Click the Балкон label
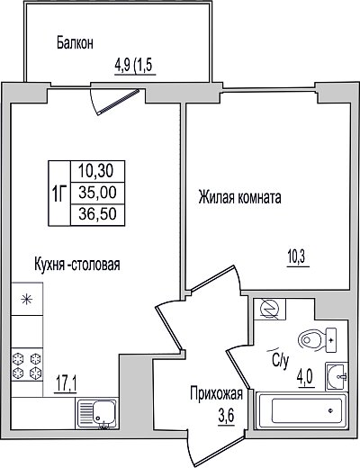click(75, 43)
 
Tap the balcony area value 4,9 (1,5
click(134, 65)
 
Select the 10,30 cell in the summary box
click(96, 171)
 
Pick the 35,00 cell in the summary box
click(97, 193)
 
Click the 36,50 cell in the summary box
click(97, 214)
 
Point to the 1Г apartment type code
click(59, 193)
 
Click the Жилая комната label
click(239, 198)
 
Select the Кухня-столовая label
click(77, 265)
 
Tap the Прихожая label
click(216, 393)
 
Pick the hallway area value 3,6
click(226, 416)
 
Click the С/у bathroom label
click(281, 359)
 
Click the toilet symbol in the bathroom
click(317, 340)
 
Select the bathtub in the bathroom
click(302, 411)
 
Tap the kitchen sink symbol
click(96, 414)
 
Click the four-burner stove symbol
click(27, 365)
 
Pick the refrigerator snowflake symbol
click(27, 299)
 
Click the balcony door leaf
click(119, 102)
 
